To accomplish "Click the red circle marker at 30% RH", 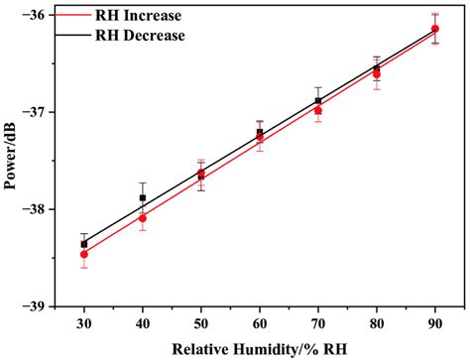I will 84,255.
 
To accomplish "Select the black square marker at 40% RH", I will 143,197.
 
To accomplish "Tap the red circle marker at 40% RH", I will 143,218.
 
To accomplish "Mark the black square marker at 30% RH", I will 84,244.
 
